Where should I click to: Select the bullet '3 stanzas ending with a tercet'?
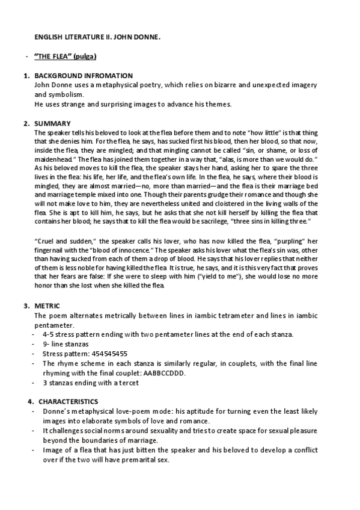click(x=91, y=382)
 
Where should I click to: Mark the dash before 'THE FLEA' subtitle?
click(x=27, y=57)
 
